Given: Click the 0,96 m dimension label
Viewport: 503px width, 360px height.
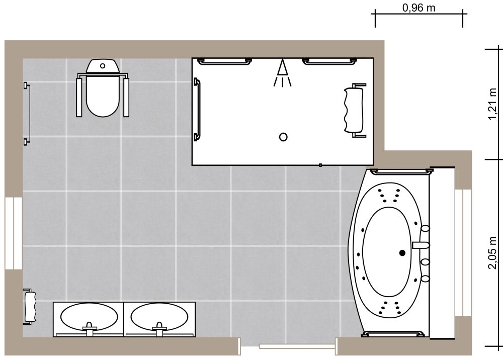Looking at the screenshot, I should point(419,8).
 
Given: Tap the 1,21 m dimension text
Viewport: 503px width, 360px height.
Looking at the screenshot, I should point(493,105).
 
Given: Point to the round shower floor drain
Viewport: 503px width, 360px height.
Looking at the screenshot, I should point(283,137).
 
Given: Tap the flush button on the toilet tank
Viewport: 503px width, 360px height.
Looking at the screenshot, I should point(103,65).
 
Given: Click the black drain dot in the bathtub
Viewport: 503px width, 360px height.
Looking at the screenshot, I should point(402,253).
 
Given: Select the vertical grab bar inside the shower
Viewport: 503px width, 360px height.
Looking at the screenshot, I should point(197,109).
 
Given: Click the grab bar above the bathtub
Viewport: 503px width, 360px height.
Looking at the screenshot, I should point(401,171).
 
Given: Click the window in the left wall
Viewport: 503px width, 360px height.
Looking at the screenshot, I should point(14,233).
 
